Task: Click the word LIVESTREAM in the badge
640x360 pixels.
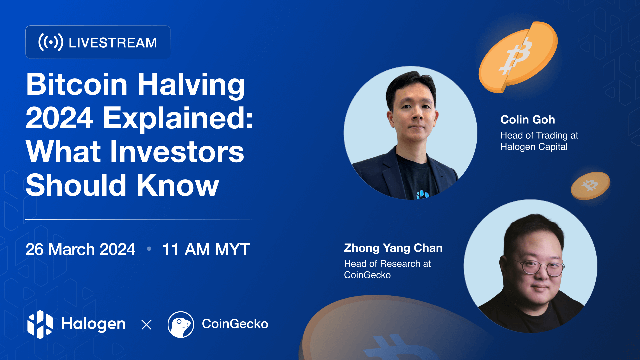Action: tap(113, 43)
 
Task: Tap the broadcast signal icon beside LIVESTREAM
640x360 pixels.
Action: tap(51, 42)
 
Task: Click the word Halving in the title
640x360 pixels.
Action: tap(191, 85)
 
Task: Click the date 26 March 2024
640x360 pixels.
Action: tap(80, 249)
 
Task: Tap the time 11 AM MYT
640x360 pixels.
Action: tap(206, 249)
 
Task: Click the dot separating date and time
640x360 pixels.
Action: tap(149, 249)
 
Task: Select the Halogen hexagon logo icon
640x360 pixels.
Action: tap(40, 324)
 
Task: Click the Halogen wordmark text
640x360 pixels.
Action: tap(94, 324)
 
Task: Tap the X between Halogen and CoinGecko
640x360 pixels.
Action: tap(146, 325)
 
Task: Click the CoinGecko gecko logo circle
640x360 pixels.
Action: tap(181, 325)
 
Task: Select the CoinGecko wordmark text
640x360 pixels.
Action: tap(235, 324)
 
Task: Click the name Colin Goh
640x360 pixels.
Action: tap(528, 120)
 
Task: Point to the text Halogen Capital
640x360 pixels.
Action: tap(534, 147)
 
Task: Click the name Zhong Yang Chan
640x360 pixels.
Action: tap(393, 248)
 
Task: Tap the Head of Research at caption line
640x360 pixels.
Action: tap(387, 264)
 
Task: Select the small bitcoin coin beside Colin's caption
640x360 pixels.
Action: tap(590, 186)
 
